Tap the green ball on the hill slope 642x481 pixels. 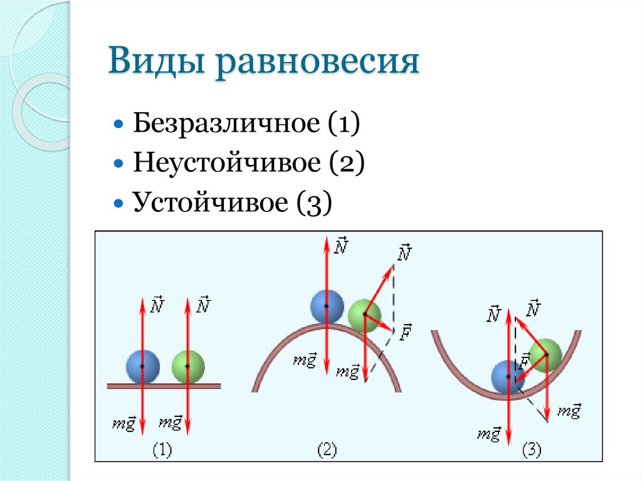click(364, 315)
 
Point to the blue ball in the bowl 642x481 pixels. click(508, 377)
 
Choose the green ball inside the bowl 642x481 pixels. click(545, 354)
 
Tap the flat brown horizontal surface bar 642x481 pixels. click(164, 386)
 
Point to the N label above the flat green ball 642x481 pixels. click(203, 305)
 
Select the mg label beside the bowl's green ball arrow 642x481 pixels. click(569, 411)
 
